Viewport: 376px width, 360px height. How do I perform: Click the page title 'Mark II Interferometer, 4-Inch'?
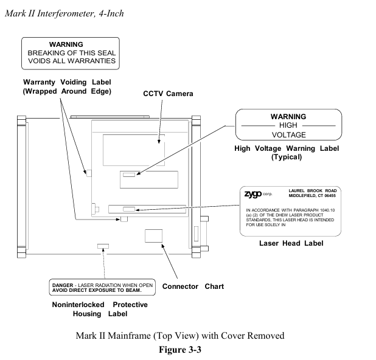point(64,13)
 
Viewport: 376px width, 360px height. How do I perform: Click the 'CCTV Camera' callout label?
point(168,94)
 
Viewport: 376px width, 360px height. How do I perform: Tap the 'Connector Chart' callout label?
point(193,286)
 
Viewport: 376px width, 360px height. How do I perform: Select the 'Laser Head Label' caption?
point(291,243)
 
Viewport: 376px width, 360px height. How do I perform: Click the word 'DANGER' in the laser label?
point(63,285)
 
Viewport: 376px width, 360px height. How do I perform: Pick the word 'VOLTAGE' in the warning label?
point(288,134)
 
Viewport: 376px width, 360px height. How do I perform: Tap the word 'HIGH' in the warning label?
point(288,125)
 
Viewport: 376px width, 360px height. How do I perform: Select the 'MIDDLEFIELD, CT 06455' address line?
point(312,196)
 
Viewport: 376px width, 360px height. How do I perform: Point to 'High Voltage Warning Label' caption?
point(287,148)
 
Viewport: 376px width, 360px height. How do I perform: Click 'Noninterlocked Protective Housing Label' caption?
point(100,309)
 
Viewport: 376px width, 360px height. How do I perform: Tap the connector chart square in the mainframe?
point(154,236)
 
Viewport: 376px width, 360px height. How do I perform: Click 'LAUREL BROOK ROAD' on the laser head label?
point(312,190)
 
